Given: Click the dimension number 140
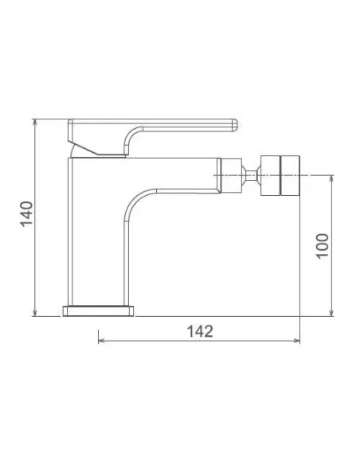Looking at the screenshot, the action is [27, 213].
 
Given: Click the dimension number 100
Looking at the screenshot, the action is [322, 247].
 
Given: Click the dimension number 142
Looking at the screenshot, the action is [200, 331].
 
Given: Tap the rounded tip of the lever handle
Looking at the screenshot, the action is [235, 125].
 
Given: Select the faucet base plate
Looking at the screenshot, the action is [98, 311].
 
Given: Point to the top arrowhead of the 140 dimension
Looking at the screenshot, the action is [35, 123].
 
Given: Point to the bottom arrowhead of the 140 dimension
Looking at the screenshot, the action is [35, 312].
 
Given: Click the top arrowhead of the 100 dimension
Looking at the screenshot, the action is [331, 179].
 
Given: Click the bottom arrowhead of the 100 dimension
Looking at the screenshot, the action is [331, 312].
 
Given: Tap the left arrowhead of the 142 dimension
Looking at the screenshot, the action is [102, 341].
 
